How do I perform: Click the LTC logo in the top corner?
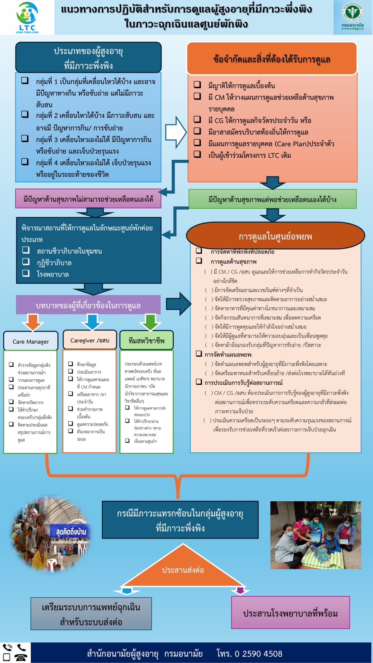tap(27, 17)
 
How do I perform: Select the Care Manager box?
tap(31, 341)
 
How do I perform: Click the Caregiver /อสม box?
tap(90, 340)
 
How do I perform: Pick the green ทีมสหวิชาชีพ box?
tap(146, 340)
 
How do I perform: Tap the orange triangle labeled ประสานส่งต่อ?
tap(183, 569)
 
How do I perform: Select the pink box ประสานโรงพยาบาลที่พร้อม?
tap(290, 613)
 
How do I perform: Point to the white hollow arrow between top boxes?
tap(176, 132)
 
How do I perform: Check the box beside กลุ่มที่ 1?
tap(25, 80)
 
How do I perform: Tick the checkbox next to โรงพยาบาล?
tap(26, 273)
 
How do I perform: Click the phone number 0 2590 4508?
tap(258, 654)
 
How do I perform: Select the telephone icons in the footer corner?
tap(15, 653)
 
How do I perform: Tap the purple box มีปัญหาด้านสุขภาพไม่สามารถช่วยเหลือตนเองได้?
tap(88, 199)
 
